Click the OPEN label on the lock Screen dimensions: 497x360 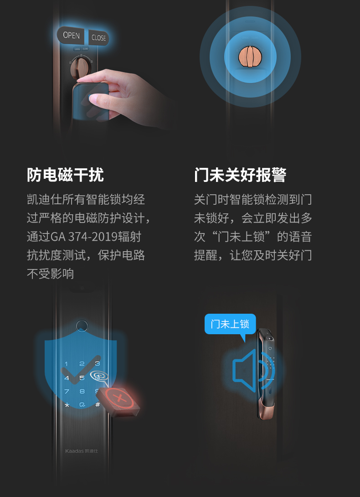71,36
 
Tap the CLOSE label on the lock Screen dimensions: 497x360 98,38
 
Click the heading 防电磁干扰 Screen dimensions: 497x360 65,175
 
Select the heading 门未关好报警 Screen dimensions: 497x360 240,175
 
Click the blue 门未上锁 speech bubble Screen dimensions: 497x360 230,324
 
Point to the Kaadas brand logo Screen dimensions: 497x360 82,451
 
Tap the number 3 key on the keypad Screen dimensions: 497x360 97,364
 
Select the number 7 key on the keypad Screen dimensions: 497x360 67,391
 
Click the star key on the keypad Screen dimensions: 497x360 67,404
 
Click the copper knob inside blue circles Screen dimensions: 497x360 251,57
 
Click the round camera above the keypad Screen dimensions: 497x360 82,326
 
